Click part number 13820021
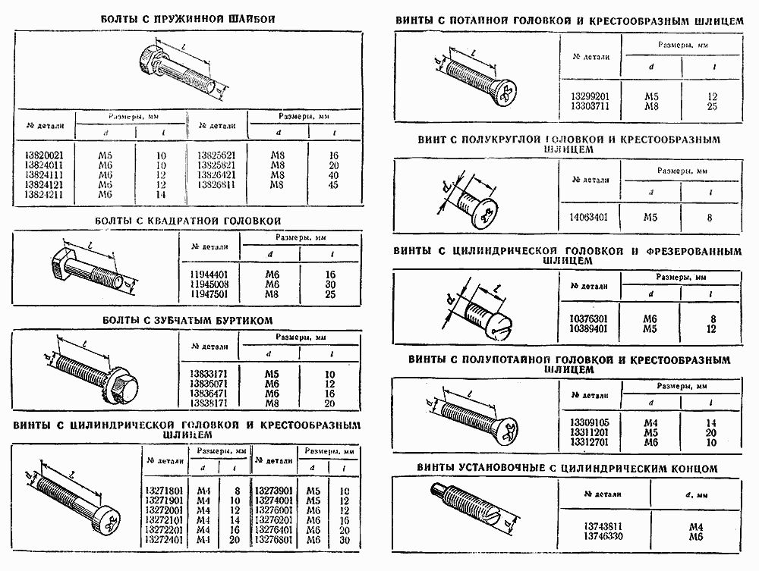[44, 155]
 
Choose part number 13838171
[209, 403]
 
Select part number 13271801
[163, 491]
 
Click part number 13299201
[591, 97]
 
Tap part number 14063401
[591, 217]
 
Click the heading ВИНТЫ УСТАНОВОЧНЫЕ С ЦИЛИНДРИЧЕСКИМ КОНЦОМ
[566, 469]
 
